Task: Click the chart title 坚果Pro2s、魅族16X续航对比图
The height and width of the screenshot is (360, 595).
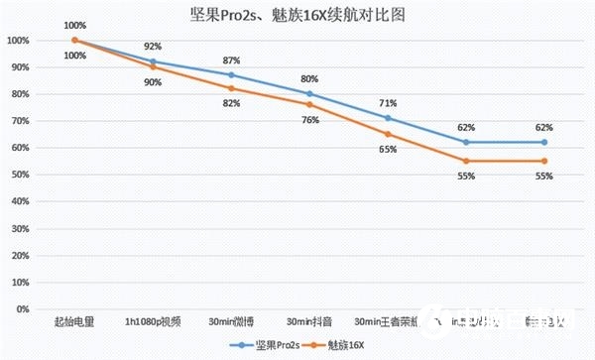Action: coord(297,17)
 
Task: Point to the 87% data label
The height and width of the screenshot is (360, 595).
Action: coord(230,60)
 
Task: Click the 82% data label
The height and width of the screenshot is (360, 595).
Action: coord(230,103)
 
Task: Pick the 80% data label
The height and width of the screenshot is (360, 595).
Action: coord(309,78)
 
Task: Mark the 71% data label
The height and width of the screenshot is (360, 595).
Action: coord(388,103)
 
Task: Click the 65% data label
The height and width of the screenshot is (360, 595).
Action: coord(388,149)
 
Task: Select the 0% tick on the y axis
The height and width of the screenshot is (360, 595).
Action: coord(22,308)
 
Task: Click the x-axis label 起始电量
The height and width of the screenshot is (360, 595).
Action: coord(74,321)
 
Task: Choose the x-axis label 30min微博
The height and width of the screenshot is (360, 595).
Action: coord(230,321)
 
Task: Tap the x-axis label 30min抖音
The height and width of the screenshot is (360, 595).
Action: coord(309,321)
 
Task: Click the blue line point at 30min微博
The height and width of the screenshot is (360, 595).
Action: coord(231,75)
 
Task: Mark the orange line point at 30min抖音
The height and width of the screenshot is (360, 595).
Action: coord(309,104)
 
